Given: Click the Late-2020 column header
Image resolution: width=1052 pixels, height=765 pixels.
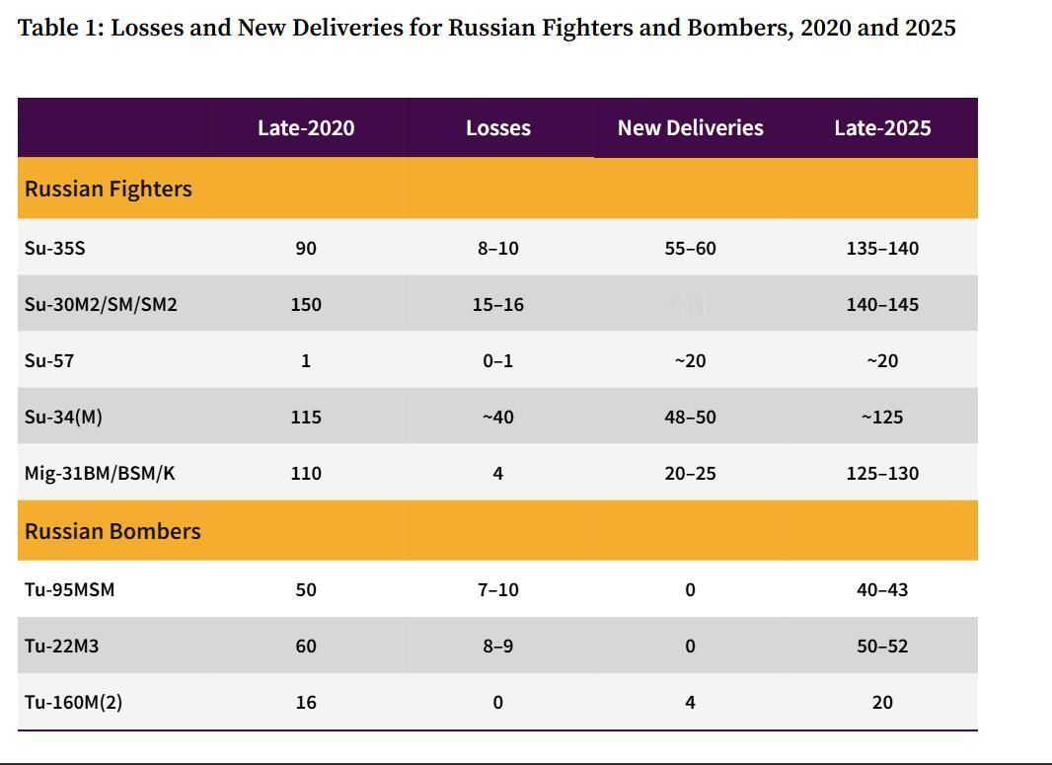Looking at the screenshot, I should [x=306, y=128].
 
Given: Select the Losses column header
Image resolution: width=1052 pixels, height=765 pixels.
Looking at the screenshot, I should [x=498, y=128].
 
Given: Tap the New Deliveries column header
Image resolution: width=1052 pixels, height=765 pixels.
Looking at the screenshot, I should [x=690, y=128].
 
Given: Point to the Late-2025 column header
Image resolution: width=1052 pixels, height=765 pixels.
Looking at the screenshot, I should [x=882, y=128].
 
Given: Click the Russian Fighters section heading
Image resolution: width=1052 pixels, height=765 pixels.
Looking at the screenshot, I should [x=109, y=189].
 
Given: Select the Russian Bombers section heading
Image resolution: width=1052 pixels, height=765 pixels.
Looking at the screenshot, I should [x=113, y=531].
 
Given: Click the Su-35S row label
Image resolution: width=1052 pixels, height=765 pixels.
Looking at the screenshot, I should [x=55, y=248].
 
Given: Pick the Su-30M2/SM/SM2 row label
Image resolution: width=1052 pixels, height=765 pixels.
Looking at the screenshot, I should [x=101, y=304].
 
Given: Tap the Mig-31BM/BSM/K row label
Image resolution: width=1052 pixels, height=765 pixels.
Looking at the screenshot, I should [x=100, y=473].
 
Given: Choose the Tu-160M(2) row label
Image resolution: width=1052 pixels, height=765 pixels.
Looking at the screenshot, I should [x=73, y=702].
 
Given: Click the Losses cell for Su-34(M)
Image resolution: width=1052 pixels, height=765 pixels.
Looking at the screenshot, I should [x=498, y=417].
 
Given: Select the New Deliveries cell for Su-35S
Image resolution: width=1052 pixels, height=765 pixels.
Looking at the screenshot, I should [x=690, y=248].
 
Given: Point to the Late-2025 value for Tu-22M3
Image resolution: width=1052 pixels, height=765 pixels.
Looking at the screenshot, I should [x=882, y=646].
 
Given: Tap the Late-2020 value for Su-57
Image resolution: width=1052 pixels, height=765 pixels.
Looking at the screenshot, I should [x=306, y=360].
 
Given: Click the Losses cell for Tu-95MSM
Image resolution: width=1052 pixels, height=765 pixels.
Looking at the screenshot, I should [x=498, y=589].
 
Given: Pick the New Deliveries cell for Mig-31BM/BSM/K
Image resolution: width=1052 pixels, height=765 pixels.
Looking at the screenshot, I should [x=690, y=473].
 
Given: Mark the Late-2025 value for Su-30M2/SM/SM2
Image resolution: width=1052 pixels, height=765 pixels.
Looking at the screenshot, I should [x=882, y=304].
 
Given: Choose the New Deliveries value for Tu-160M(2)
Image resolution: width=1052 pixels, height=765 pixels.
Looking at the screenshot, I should [x=690, y=702].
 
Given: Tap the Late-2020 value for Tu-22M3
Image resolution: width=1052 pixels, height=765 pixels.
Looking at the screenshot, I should [x=306, y=646].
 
